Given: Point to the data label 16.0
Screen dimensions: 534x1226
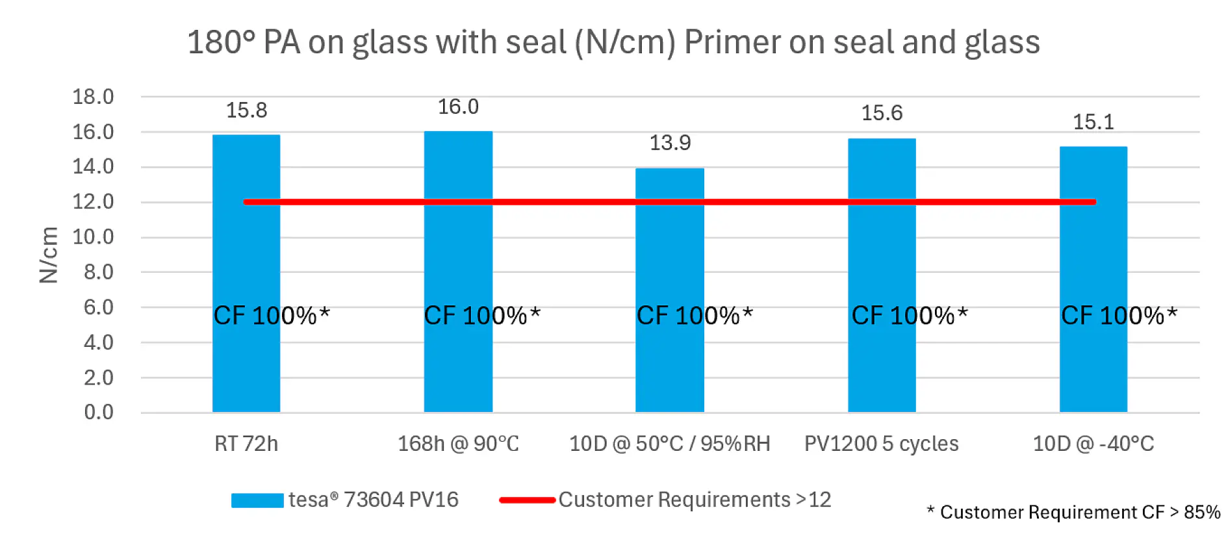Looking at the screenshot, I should click(458, 107).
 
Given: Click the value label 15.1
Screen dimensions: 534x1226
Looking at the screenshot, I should click(1093, 122).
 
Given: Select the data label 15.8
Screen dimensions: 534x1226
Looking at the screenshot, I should click(246, 110).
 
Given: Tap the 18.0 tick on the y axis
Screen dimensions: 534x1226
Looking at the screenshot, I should click(93, 97).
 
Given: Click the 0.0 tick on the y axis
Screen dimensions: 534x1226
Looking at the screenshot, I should click(99, 412).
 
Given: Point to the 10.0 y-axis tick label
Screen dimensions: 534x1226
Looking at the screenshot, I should click(93, 236).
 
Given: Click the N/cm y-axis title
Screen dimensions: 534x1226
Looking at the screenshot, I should click(49, 255).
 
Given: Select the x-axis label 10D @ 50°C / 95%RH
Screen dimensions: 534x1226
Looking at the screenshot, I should click(669, 444).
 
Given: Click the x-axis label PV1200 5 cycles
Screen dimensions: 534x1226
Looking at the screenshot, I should click(881, 444).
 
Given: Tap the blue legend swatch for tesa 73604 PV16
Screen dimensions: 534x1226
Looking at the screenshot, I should click(257, 500).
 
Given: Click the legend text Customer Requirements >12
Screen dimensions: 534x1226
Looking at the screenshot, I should click(695, 500).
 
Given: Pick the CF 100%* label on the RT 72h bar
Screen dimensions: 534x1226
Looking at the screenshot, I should click(272, 316).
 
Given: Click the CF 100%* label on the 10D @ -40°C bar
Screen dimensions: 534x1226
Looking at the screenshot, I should click(1119, 316).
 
